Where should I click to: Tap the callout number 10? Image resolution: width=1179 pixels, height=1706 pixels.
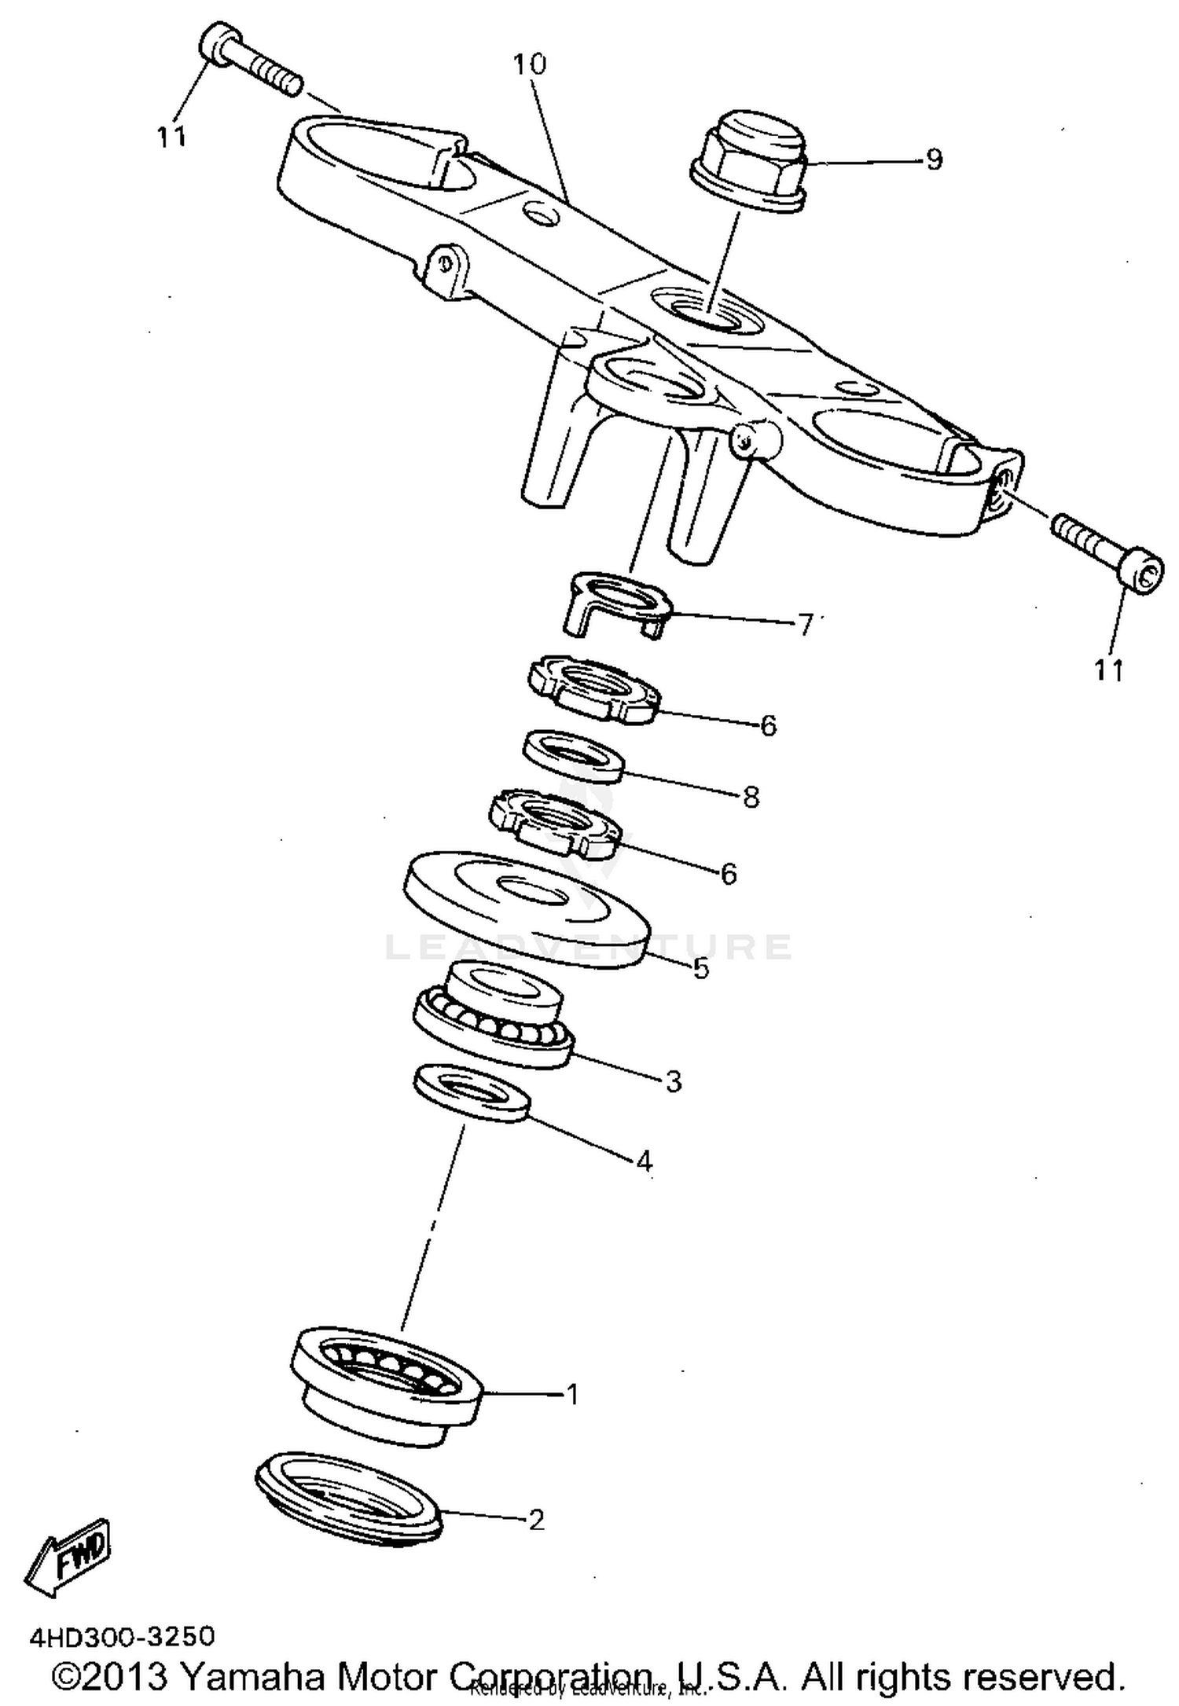pyautogui.click(x=529, y=64)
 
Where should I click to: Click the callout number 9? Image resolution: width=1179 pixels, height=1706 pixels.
pyautogui.click(x=933, y=160)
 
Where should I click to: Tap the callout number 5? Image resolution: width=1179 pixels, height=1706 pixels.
pyautogui.click(x=701, y=968)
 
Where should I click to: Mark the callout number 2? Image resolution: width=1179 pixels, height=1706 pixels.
pyautogui.click(x=536, y=1519)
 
